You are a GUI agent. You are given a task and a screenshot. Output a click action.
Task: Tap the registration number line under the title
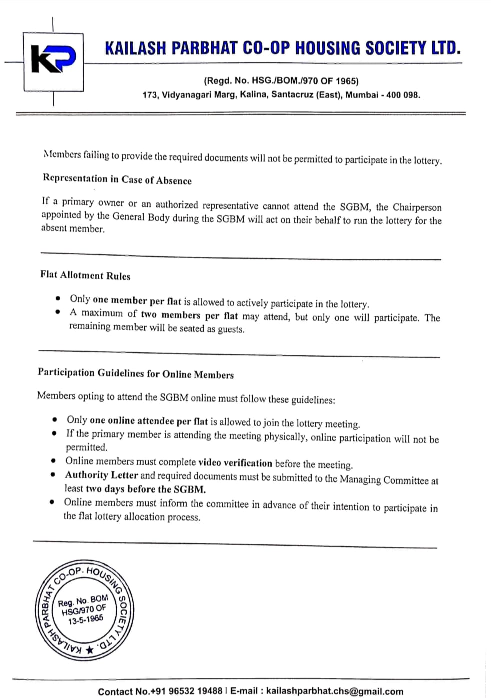click(281, 81)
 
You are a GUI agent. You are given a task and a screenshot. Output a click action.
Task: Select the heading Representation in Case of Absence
click(117, 179)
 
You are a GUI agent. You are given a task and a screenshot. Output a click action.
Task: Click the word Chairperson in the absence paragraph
click(417, 207)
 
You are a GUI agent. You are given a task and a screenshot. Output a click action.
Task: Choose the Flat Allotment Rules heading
click(85, 275)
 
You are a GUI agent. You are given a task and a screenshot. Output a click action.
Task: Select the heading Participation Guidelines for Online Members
click(136, 373)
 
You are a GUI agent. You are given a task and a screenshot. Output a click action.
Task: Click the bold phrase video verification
click(235, 463)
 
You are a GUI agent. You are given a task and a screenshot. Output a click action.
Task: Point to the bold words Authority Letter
click(101, 475)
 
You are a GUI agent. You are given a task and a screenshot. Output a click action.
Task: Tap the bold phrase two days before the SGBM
click(145, 489)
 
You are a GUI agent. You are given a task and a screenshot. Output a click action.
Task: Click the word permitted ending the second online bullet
click(86, 447)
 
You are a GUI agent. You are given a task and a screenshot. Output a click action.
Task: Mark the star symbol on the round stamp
click(89, 650)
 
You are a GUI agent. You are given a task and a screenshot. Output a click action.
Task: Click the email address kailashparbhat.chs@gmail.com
click(334, 691)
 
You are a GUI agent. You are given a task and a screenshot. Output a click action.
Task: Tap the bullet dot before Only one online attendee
click(55, 419)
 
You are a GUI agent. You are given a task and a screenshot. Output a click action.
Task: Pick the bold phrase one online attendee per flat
click(149, 421)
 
